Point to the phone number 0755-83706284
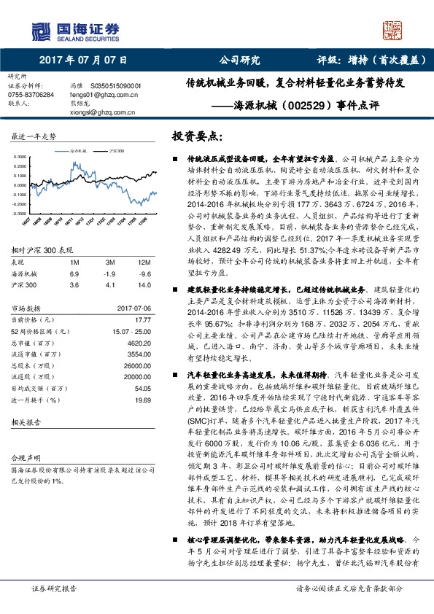[x=29, y=95]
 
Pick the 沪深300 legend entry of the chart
[x=115, y=149]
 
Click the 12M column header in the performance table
[x=143, y=262]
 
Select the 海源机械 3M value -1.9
[x=111, y=273]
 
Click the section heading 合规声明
[x=23, y=457]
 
